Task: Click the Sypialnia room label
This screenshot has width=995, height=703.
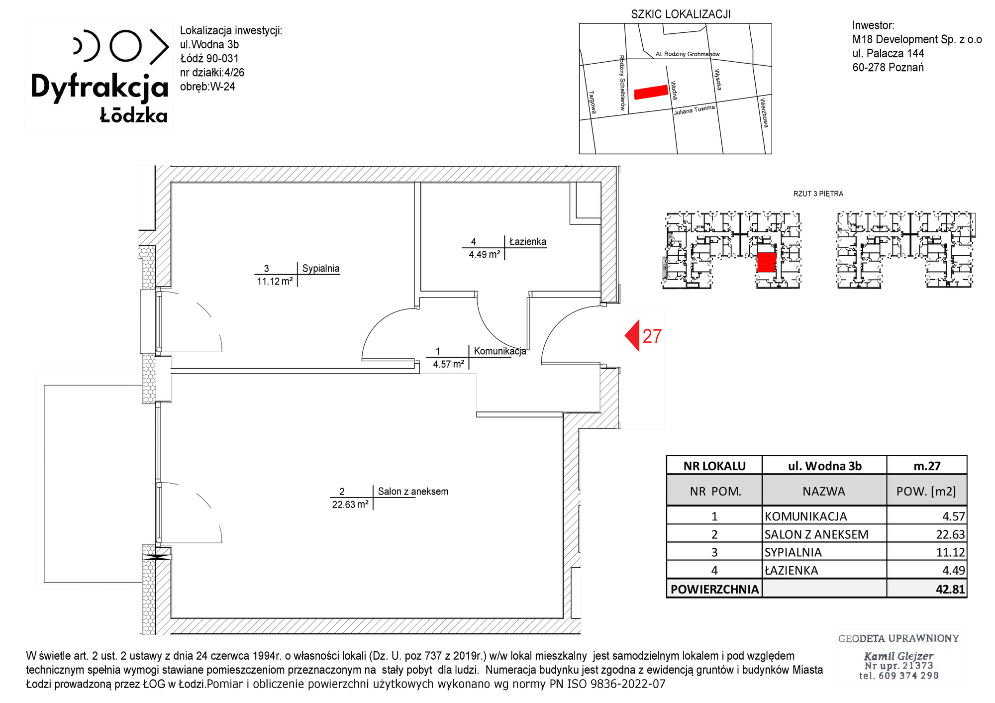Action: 321,269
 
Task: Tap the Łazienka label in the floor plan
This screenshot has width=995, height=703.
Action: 528,242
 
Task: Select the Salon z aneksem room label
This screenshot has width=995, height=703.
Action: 413,492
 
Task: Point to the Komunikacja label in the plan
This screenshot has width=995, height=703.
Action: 499,351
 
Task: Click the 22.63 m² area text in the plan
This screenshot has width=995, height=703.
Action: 350,504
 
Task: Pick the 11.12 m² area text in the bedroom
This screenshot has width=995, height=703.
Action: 275,282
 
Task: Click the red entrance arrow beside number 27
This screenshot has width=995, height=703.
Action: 632,336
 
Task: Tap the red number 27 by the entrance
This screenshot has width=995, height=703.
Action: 652,337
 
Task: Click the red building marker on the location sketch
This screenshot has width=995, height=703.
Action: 651,92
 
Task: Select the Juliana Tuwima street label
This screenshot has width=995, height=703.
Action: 695,110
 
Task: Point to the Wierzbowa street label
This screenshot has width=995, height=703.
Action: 764,112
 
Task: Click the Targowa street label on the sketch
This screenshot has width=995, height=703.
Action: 593,102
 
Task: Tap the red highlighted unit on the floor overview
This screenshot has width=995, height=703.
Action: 767,262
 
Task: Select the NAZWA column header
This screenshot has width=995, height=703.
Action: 824,492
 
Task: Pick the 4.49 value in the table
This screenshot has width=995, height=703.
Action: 953,571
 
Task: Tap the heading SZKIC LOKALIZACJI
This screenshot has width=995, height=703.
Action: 681,14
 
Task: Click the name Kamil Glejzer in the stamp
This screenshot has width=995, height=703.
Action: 898,656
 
